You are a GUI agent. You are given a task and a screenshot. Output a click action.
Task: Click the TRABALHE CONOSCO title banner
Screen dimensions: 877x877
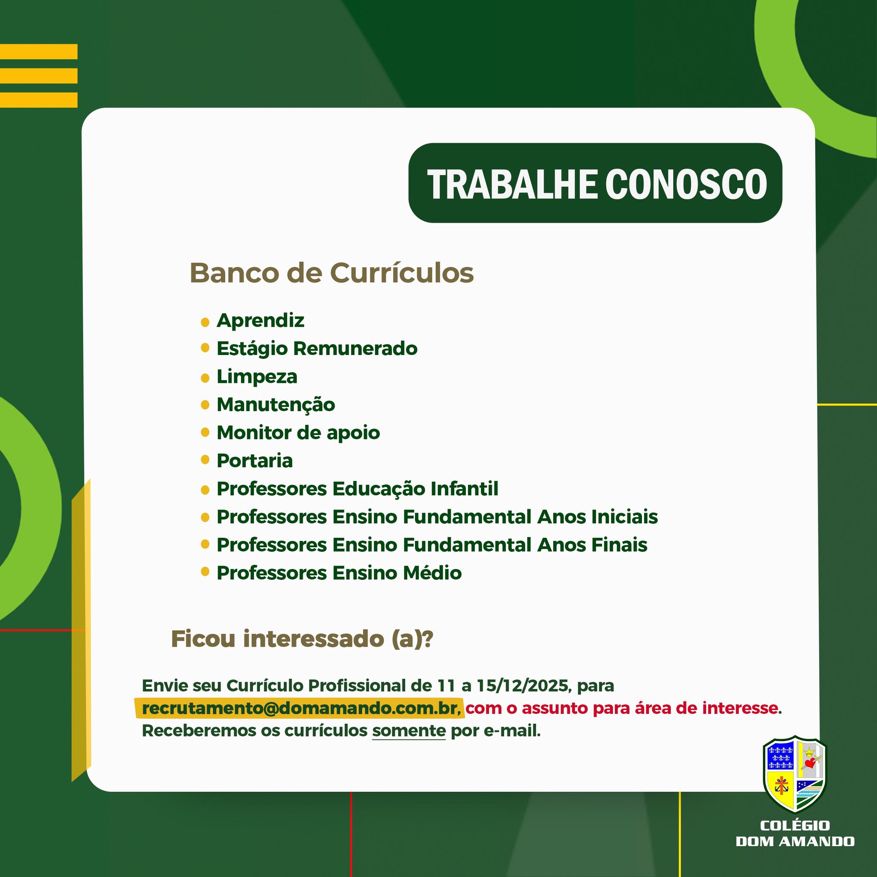595,183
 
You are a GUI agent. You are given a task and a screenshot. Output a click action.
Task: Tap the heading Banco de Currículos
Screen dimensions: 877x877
331,273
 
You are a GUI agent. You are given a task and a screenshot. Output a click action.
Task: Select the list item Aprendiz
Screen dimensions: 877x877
260,320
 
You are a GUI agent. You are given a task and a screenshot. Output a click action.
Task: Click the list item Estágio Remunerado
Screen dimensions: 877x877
317,349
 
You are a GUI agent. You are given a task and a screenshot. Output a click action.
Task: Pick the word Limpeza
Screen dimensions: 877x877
257,377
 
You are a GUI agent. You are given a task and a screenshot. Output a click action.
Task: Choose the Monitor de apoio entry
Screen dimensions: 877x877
298,433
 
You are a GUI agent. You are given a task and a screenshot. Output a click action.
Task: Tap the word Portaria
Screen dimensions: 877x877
255,461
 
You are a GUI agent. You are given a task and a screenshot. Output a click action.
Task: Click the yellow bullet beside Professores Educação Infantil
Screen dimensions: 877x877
205,490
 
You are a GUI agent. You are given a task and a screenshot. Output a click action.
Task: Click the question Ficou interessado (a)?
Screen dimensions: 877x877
302,639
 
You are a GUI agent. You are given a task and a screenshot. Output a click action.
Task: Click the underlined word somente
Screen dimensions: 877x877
409,731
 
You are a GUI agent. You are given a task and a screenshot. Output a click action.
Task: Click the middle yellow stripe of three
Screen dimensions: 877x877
39,76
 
